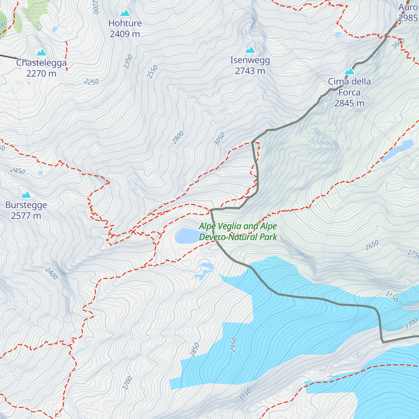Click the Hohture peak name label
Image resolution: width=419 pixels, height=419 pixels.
click(125, 23)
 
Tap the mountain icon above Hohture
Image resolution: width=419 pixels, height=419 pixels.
click(125, 13)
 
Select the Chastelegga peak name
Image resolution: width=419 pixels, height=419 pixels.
click(41, 63)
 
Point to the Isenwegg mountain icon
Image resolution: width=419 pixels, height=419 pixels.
click(250, 50)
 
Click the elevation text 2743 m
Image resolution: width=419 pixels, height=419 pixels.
click(250, 71)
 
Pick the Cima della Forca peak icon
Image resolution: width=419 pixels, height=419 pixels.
click(350, 71)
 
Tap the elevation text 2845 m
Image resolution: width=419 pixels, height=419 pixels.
click(349, 103)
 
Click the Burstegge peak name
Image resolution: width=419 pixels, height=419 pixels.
click(26, 205)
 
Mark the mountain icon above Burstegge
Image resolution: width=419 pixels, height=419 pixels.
click(26, 194)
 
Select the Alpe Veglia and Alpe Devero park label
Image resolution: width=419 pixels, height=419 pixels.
click(238, 231)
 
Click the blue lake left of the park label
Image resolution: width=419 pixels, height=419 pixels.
click(186, 236)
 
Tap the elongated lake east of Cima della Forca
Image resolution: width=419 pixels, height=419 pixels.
click(397, 151)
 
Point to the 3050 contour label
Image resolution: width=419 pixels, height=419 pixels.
click(219, 139)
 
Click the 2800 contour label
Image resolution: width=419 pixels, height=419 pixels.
click(178, 138)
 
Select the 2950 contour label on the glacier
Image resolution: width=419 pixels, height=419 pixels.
click(233, 344)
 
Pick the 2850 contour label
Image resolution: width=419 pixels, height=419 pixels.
click(194, 350)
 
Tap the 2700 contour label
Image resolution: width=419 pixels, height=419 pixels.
click(127, 383)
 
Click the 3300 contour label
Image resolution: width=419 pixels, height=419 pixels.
click(411, 323)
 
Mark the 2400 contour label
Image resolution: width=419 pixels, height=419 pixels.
click(51, 273)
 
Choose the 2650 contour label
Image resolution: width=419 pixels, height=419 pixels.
click(372, 245)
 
